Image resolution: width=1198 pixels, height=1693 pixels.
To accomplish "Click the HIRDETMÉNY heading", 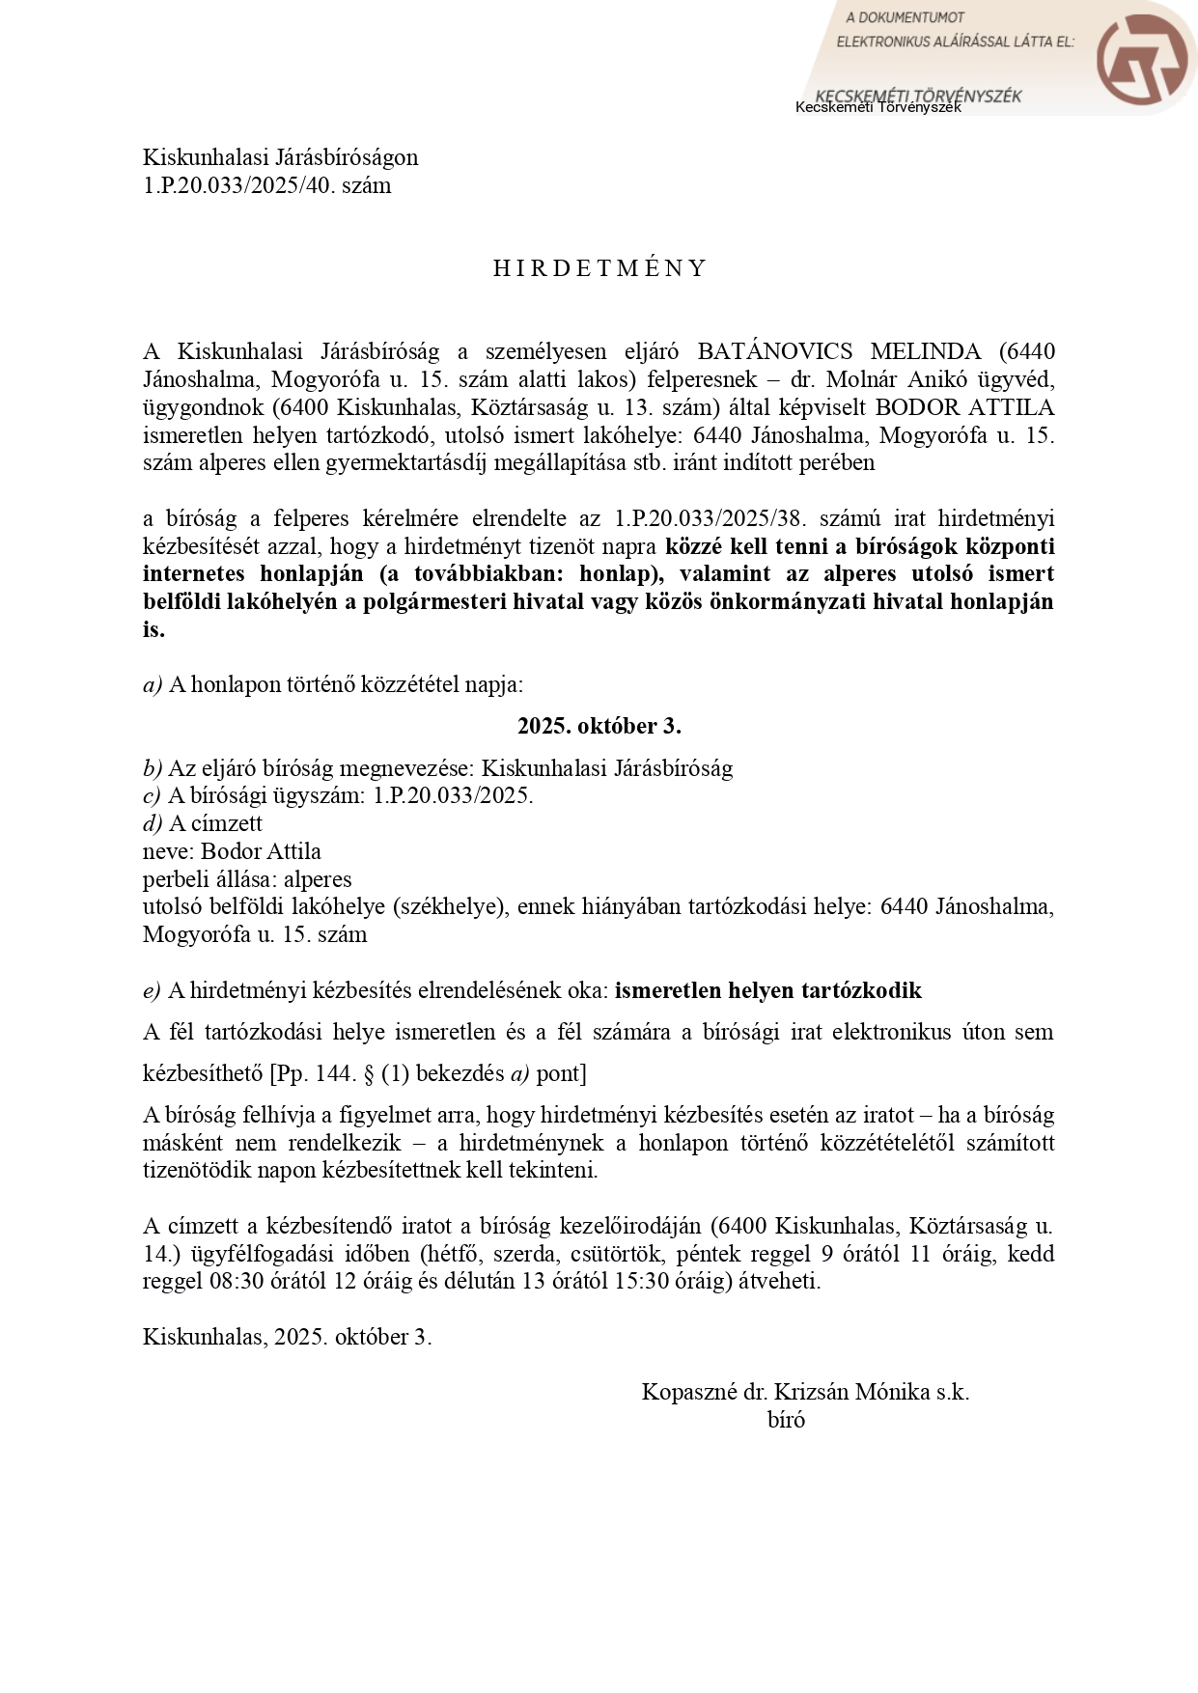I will [599, 268].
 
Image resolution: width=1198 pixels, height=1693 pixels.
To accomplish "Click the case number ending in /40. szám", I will [266, 185].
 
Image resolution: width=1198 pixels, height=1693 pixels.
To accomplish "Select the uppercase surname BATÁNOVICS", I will [774, 351].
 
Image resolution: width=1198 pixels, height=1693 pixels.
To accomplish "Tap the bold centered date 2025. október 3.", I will [599, 726].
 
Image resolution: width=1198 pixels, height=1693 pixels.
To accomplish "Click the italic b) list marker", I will [153, 768].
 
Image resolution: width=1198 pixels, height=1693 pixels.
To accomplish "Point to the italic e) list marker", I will [152, 990].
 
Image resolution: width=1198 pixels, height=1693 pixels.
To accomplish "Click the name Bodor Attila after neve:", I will [261, 851].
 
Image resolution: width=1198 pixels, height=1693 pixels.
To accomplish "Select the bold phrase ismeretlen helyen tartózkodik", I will [768, 990].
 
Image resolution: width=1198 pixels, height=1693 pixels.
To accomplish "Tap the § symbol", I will [369, 1073].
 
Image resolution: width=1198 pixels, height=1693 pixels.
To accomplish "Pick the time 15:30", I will [642, 1282].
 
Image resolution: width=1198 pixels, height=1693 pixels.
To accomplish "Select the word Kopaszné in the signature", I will [689, 1392].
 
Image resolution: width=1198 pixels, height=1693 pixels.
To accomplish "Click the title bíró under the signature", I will [786, 1420].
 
